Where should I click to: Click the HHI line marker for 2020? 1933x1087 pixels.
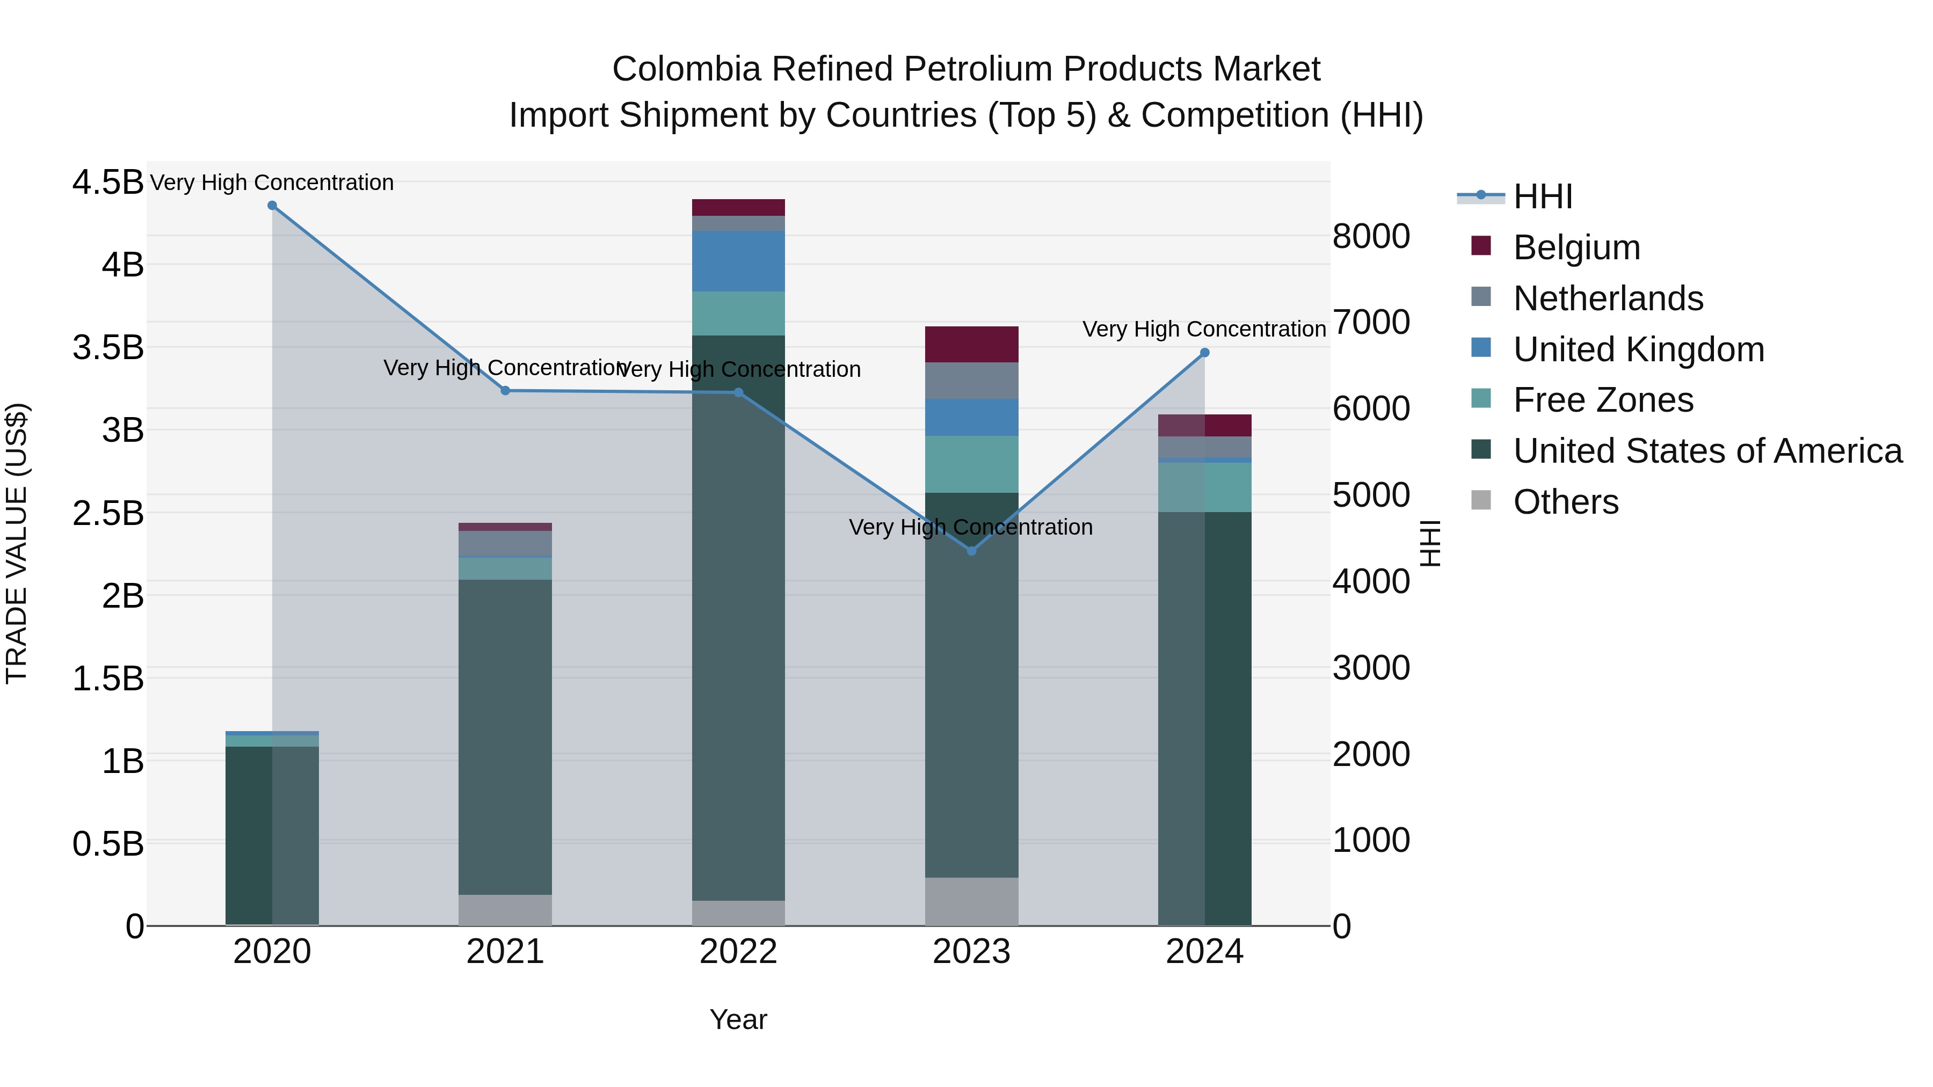272,206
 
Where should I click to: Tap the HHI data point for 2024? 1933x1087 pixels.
1204,353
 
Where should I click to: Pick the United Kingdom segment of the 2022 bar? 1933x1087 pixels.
738,261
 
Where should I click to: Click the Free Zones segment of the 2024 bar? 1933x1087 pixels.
1204,487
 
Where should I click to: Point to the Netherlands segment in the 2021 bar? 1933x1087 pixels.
505,542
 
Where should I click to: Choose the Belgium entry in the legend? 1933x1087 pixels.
1576,247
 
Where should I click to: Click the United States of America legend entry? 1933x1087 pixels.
1707,451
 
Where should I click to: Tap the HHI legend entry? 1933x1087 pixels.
1542,196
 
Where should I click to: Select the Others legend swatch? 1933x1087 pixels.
1481,500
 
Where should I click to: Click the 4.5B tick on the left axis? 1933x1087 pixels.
108,183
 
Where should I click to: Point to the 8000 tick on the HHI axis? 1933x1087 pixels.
1371,236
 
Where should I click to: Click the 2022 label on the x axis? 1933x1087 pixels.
738,952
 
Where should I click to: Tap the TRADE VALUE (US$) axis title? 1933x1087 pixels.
17,543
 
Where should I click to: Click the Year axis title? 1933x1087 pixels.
738,1019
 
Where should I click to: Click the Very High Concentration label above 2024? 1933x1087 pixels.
1204,330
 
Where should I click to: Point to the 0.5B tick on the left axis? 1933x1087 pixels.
108,844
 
